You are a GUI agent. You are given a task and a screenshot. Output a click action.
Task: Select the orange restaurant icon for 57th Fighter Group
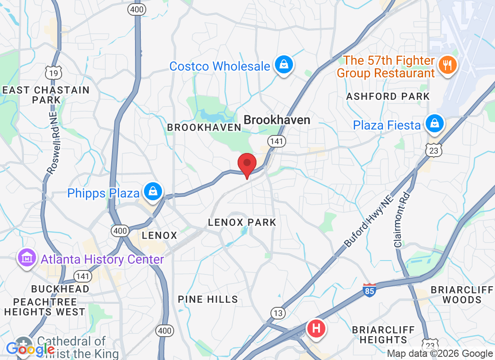tap(447, 66)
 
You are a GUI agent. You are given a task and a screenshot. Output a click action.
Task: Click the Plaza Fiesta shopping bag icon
tap(435, 125)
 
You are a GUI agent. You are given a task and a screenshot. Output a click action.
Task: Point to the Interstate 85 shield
tap(369, 289)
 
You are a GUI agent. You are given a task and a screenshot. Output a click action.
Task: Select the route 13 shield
tap(278, 313)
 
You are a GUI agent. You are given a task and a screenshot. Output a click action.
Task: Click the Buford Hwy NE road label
tap(369, 221)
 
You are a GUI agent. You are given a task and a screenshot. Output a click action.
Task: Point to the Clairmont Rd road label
tap(402, 220)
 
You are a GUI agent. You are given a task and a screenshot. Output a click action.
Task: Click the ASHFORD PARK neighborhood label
tap(388, 96)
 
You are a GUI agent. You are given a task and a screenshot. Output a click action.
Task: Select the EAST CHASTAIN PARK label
tap(46, 95)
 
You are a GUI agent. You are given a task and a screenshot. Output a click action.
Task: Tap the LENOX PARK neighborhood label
tap(242, 222)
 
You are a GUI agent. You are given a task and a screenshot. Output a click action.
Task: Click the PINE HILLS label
tap(207, 299)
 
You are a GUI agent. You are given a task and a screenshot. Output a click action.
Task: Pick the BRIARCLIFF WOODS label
tap(462, 294)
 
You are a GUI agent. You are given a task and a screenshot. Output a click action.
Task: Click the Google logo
tap(30, 349)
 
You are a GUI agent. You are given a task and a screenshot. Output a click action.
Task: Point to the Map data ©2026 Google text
tap(440, 354)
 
